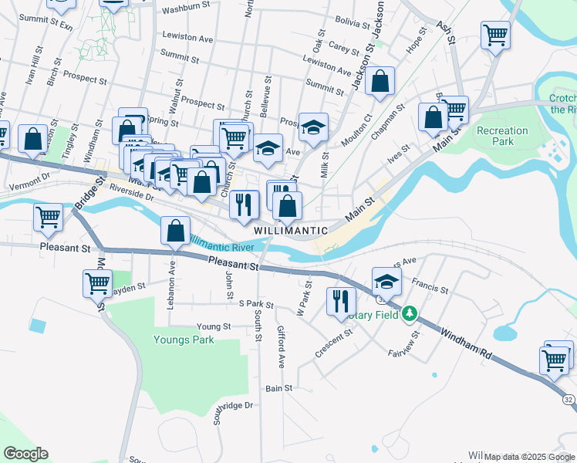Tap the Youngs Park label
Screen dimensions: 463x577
click(183, 340)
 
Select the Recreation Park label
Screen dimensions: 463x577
click(502, 136)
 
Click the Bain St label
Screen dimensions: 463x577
click(279, 388)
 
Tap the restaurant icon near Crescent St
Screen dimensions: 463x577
click(340, 299)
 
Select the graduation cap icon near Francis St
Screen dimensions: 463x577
click(386, 281)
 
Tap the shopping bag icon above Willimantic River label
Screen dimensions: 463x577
click(175, 230)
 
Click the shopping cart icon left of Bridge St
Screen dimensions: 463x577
click(48, 217)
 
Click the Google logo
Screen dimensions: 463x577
click(25, 454)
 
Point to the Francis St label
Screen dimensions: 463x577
click(430, 286)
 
